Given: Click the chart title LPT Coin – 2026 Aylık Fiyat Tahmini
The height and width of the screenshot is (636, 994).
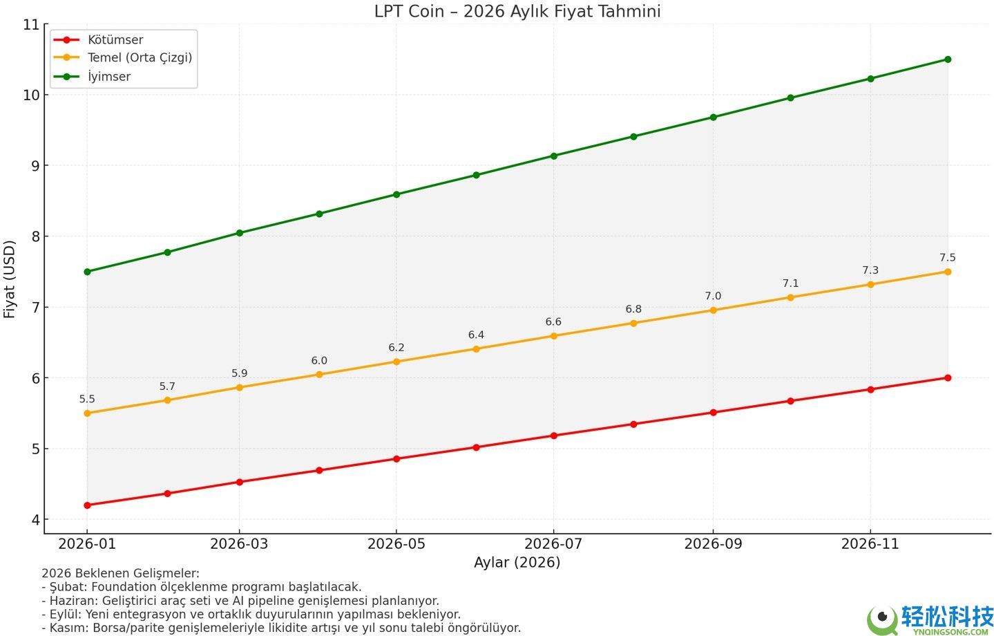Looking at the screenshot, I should [x=517, y=11].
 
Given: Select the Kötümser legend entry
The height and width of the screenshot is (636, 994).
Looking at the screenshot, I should [x=115, y=40].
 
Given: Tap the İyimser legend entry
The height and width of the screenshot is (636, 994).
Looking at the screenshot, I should [x=108, y=77].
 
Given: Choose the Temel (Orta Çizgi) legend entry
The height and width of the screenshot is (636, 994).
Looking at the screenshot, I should [x=140, y=58].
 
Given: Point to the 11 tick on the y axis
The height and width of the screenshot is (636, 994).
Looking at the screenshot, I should [x=31, y=25].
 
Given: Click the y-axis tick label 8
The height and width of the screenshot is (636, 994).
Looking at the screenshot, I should [x=35, y=236].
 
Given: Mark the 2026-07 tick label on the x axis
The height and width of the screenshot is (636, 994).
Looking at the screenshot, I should [x=553, y=544].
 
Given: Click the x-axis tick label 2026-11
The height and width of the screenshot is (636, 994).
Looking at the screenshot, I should [x=870, y=544].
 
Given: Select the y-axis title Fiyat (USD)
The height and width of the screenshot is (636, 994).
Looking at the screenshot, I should [x=10, y=279].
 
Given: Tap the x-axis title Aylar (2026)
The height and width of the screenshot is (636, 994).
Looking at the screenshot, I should [x=517, y=562].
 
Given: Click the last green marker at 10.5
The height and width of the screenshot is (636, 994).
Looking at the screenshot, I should [x=948, y=59].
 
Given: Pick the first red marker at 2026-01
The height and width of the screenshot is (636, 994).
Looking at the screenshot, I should [x=87, y=505].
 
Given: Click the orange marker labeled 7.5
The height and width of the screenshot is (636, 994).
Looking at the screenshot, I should [x=948, y=272].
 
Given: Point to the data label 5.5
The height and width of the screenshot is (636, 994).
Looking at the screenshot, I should [x=87, y=399].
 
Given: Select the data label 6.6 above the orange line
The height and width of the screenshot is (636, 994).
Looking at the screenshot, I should [x=553, y=322].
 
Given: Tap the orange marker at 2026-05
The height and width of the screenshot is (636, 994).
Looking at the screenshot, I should [x=396, y=362].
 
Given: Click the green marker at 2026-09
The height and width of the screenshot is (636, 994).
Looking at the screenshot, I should [x=713, y=118].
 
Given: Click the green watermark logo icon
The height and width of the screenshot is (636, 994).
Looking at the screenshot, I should [x=882, y=619].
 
